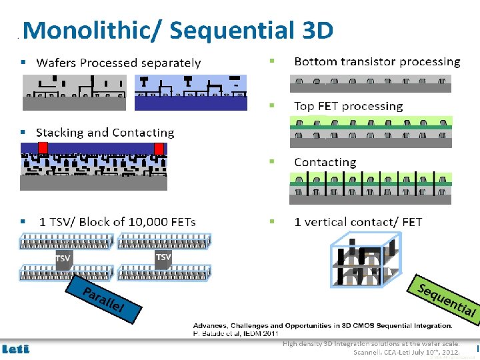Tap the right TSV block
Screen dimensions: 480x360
[163, 257]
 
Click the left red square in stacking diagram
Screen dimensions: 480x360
[43, 148]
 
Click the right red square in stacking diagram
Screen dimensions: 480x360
[159, 148]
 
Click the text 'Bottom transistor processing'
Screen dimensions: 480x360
[377, 61]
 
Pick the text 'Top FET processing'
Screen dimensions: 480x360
[348, 106]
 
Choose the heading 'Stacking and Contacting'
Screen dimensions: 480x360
[105, 133]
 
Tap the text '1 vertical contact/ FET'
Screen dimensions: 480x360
[358, 221]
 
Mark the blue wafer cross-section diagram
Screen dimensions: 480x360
[191, 92]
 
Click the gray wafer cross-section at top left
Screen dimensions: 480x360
[74, 92]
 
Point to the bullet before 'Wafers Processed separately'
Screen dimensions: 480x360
[23, 62]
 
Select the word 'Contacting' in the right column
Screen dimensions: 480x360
[325, 162]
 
